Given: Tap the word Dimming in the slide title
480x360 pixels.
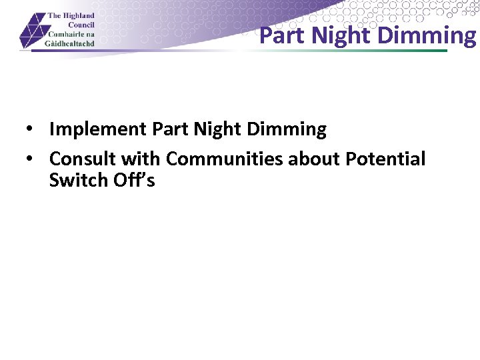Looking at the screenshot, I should coord(427,35).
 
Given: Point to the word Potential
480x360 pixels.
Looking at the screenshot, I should coord(385,159).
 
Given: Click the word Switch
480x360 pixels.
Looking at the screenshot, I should coord(71,180).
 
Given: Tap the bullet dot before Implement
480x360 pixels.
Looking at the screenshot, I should coord(31,130).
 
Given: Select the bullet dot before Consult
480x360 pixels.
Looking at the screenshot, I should coord(31,159).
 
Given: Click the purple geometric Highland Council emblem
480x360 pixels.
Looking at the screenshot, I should coord(32,31).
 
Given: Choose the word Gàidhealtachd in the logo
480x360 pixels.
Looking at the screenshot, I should coord(71,43).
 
